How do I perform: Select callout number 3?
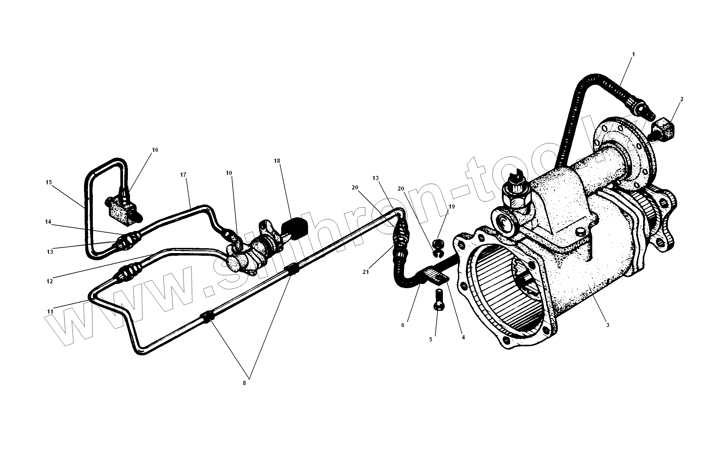608,325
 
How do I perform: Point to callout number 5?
431,340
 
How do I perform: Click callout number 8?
244,383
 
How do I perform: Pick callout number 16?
155,150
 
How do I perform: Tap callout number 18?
277,161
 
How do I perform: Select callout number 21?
366,272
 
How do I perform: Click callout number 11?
50,311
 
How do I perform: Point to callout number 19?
452,207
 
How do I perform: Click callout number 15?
49,183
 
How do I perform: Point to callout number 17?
183,175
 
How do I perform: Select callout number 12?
50,281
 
